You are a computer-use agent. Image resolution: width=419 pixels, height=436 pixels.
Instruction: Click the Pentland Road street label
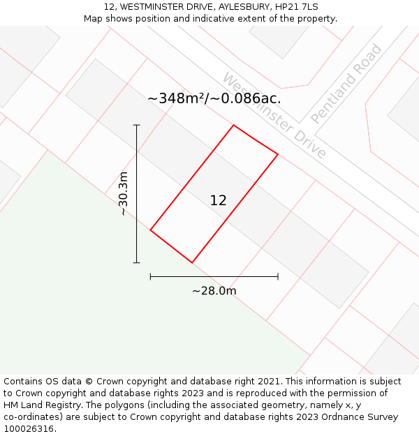tap(346, 84)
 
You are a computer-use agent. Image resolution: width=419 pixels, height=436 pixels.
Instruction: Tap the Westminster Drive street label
tap(274, 115)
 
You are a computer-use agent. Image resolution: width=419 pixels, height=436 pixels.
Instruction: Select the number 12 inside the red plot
tap(218, 200)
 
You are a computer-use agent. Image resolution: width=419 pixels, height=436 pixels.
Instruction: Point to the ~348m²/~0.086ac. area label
tap(214, 98)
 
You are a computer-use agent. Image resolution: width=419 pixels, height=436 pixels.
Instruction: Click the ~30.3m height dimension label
tap(124, 193)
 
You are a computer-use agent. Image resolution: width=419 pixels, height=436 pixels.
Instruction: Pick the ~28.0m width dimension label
tap(214, 291)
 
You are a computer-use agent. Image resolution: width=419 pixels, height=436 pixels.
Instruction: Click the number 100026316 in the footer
tap(29, 429)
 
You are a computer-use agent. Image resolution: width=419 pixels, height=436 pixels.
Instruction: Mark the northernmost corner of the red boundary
tap(233, 126)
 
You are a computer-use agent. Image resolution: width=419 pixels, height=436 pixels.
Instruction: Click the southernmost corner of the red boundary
tap(192, 263)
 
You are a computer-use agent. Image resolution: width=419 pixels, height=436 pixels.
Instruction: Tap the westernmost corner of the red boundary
tap(150, 230)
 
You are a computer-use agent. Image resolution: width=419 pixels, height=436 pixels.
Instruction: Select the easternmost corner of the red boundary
tap(278, 154)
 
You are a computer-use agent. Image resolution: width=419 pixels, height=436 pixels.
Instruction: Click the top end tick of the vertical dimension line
tap(137, 125)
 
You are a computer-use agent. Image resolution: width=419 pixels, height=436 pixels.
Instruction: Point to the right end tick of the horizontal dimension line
tap(278, 277)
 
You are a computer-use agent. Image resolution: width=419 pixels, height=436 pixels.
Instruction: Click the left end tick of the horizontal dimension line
tap(150, 277)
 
